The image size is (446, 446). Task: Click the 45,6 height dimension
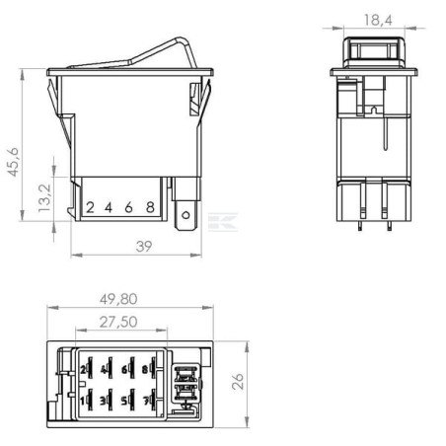coord(13,162)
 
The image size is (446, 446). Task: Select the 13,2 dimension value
coord(44,198)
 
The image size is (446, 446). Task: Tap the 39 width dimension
coord(144,247)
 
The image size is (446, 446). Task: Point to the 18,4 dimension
coord(378,21)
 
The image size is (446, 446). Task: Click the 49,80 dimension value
coord(118,299)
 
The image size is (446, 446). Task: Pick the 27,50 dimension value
coord(118,322)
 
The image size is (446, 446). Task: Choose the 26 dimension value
coord(238,381)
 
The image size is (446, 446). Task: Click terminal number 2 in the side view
coord(90,207)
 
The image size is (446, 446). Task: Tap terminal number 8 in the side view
coord(150,207)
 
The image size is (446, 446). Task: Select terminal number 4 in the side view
coord(109,207)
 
